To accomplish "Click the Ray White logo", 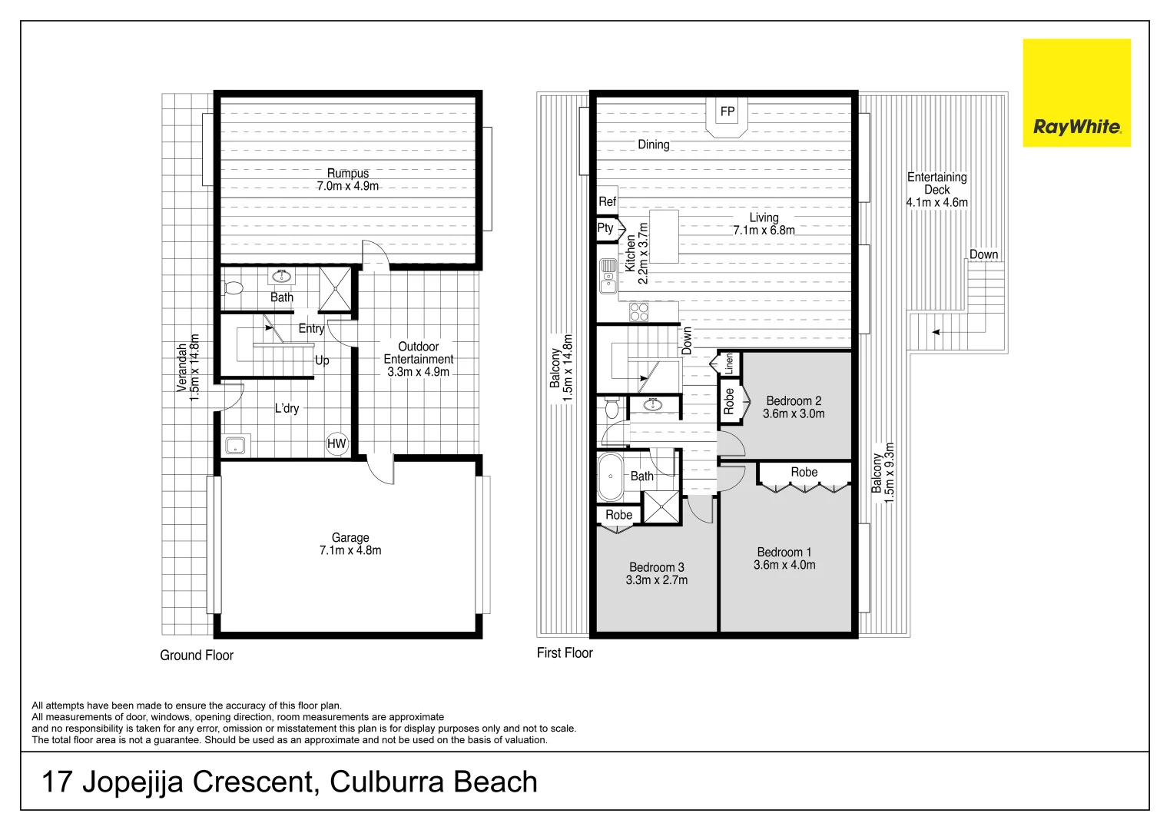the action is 1076,92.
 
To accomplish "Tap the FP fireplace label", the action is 727,111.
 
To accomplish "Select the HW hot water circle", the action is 336,443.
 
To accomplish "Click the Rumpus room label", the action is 348,173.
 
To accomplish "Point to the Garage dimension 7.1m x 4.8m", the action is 350,550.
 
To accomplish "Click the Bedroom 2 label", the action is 794,401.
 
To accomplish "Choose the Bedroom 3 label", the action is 657,567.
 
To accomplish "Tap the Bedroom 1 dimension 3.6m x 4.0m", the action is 784,565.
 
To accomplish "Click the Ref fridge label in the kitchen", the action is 607,201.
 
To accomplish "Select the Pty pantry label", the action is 605,228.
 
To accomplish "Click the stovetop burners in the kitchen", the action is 639,312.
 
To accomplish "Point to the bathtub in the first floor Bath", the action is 610,476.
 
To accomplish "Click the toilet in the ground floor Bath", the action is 233,288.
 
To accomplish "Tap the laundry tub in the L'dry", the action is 235,446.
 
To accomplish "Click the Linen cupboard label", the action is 729,364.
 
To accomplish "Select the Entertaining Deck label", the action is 937,184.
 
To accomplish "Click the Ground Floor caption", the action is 197,656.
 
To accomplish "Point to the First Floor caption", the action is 565,652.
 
